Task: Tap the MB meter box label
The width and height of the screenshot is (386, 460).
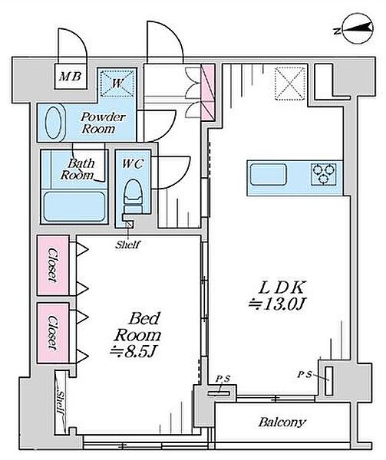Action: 70,77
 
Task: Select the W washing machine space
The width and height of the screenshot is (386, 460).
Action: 117,83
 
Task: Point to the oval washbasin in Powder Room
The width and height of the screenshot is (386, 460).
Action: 54,123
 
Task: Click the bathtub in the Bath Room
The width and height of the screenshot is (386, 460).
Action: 74,206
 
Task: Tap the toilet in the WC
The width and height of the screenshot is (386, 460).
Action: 134,195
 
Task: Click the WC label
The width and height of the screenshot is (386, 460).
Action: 133,164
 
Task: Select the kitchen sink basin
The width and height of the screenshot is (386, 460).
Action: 269,175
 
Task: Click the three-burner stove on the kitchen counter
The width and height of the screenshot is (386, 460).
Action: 324,174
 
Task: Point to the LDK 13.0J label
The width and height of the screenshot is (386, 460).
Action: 277,296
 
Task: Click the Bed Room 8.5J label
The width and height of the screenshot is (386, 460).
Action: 137,335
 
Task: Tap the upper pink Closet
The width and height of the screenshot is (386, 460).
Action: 53,265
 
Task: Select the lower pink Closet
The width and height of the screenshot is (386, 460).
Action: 53,333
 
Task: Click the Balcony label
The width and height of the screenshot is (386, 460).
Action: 282,422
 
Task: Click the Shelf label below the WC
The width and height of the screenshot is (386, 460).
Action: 128,245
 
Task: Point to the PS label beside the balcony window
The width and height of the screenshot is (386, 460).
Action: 223,379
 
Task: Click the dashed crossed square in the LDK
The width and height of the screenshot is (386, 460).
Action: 290,84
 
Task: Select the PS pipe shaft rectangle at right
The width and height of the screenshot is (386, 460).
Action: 329,381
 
